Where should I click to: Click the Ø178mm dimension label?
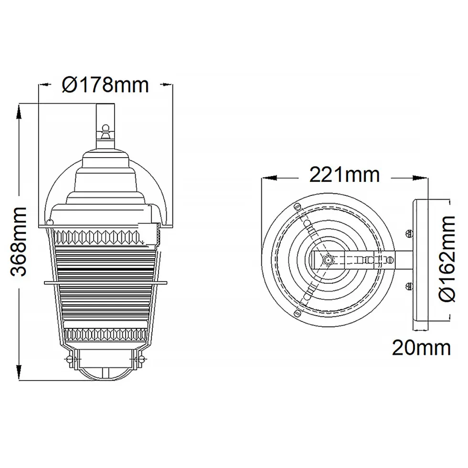click(x=105, y=85)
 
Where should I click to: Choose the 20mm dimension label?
click(x=421, y=348)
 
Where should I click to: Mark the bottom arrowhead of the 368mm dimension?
click(x=19, y=372)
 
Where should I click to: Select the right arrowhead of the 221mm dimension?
click(x=420, y=178)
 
